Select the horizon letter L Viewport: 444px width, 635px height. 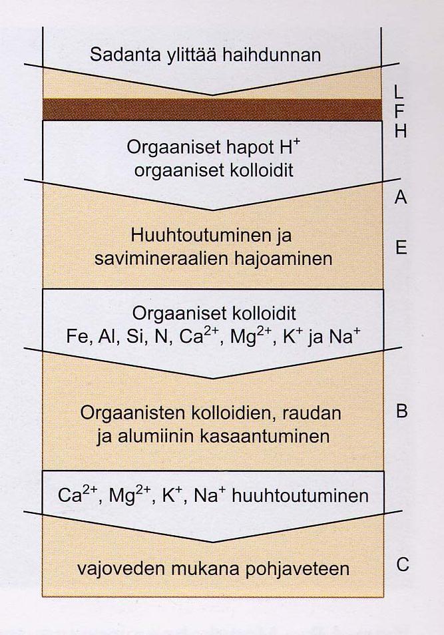[x=399, y=93]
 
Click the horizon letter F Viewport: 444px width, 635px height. [x=399, y=112]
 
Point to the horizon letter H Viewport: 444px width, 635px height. [x=400, y=131]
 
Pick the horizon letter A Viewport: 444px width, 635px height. [x=400, y=197]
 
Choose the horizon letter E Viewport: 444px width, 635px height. [x=401, y=247]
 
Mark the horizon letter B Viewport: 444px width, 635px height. [x=401, y=411]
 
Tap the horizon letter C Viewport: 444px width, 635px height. [x=402, y=564]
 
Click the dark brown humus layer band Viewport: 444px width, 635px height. [x=212, y=109]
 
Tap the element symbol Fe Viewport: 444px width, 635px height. [x=77, y=337]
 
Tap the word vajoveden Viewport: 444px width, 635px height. [x=120, y=569]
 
